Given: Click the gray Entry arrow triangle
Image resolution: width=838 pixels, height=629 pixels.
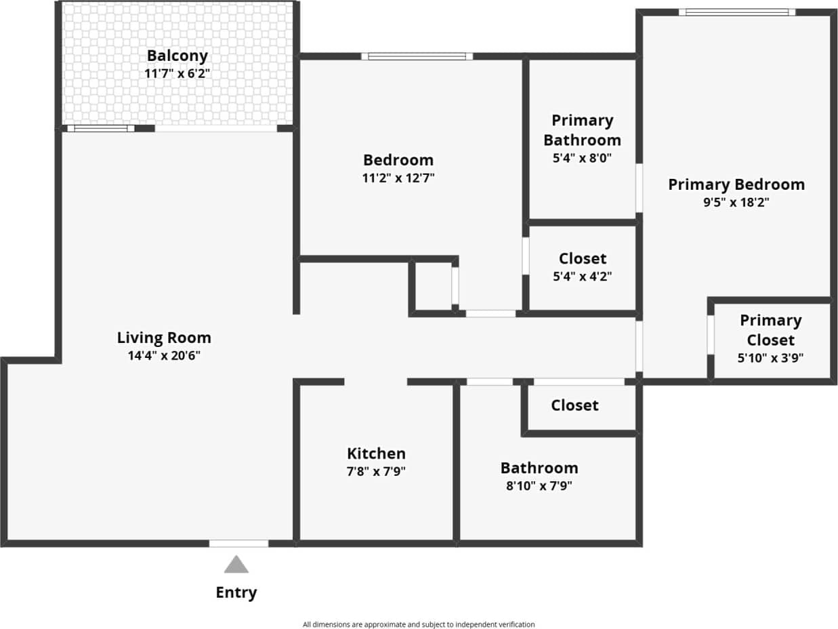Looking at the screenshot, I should (x=236, y=565).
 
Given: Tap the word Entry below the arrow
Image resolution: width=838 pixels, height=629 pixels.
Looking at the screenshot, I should (x=236, y=592).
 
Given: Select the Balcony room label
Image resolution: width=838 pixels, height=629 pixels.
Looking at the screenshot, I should (x=177, y=56).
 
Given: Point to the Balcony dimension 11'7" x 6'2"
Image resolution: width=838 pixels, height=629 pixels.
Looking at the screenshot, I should (x=177, y=73).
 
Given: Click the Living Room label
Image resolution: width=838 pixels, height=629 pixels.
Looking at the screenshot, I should (x=164, y=338).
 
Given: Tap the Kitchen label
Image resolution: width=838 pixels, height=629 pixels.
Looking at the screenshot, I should (x=376, y=453).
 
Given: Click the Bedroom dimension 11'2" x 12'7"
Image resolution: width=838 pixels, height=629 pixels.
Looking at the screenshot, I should (x=398, y=178).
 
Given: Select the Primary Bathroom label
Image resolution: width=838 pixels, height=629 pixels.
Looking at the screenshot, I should (x=582, y=130).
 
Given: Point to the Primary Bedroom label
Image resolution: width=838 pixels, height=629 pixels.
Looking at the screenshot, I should (x=736, y=184).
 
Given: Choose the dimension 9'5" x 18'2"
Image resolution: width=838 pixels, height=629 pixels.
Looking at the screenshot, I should (x=736, y=202).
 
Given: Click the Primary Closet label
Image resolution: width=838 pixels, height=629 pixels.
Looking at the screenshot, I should (x=770, y=329).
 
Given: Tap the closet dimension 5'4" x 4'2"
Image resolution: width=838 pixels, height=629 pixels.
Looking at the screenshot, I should (x=583, y=277).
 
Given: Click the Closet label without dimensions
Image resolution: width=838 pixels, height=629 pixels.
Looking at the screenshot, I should (x=574, y=405).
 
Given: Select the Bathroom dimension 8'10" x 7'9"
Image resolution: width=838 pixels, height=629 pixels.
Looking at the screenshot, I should (x=539, y=485).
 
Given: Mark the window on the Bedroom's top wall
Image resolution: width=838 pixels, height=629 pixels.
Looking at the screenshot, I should (x=417, y=56).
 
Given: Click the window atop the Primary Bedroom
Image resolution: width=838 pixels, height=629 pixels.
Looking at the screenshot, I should (x=736, y=12).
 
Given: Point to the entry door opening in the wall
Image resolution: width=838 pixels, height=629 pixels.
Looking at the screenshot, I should (x=238, y=543).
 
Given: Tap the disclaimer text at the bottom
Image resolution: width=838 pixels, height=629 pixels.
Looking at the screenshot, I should (x=419, y=624).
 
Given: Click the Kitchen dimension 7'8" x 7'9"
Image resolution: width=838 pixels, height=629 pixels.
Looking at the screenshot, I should (x=376, y=471).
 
